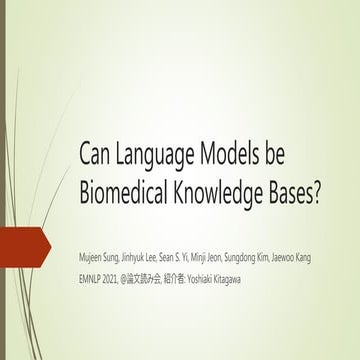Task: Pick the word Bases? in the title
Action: [x=297, y=191]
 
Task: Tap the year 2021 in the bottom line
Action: [x=124, y=273]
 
